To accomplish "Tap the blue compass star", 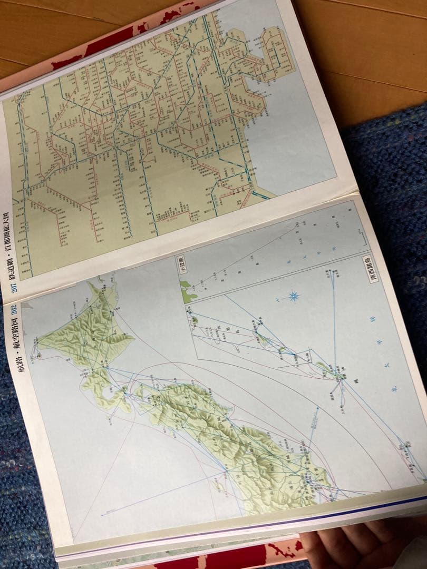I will tap(293, 296).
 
